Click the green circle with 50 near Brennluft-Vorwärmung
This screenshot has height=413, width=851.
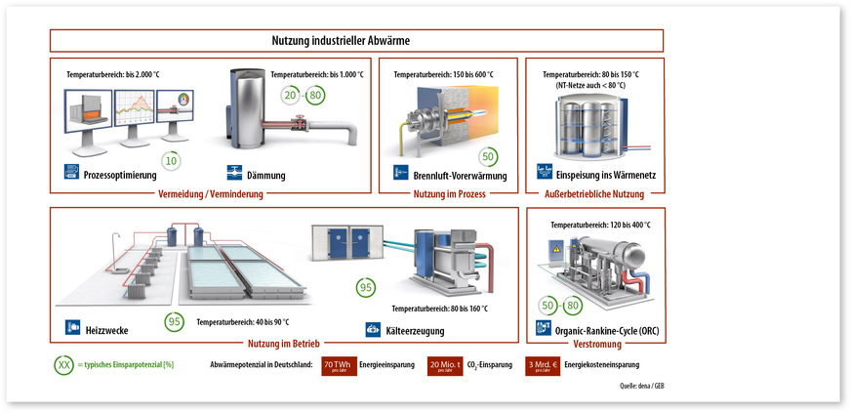(x=488, y=156)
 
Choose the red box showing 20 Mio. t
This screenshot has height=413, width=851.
(x=444, y=367)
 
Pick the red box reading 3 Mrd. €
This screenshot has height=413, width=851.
(x=541, y=367)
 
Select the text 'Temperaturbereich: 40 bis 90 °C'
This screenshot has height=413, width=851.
(x=243, y=321)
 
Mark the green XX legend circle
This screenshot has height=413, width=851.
(x=65, y=367)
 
